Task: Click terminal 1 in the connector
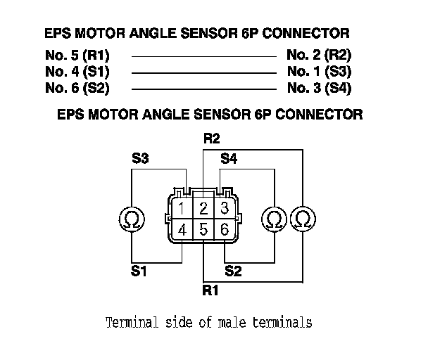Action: point(182,209)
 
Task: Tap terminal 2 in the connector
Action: point(203,209)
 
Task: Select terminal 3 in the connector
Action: point(225,209)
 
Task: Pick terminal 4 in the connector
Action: point(182,229)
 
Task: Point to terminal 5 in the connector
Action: point(203,229)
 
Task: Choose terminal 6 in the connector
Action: point(225,229)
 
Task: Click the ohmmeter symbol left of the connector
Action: point(131,219)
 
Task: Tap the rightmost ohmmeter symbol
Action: point(303,219)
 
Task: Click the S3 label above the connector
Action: point(139,160)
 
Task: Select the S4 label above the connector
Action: point(229,160)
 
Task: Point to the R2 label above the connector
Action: point(211,139)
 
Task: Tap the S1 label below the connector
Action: point(139,271)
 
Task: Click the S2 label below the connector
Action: point(233,271)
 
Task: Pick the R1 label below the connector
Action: point(210,288)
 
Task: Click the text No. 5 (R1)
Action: point(76,55)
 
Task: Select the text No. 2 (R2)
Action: point(320,55)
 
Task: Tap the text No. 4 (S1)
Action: point(76,72)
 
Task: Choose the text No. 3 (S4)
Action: point(320,89)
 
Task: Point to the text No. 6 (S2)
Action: point(76,89)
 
